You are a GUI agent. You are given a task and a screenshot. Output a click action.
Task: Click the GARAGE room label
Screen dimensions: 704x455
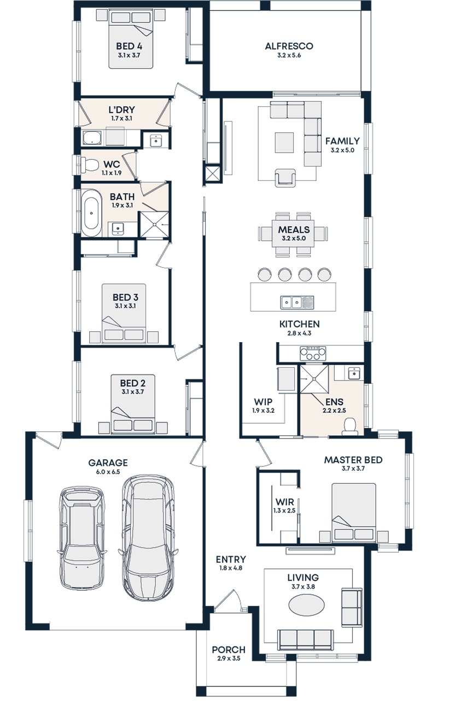point(108,463)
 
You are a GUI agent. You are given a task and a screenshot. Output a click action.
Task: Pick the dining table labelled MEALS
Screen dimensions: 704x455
point(293,234)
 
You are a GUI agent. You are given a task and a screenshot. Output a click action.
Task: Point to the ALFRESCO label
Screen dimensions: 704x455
point(289,47)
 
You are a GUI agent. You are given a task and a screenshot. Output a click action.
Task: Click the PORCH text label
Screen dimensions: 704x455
point(229,650)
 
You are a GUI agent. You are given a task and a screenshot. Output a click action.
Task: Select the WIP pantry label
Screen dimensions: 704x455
point(262,401)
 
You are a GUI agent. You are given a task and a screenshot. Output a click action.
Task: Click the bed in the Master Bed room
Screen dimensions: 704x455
point(353,512)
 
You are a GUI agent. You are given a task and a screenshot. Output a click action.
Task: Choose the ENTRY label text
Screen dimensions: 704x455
point(230,559)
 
